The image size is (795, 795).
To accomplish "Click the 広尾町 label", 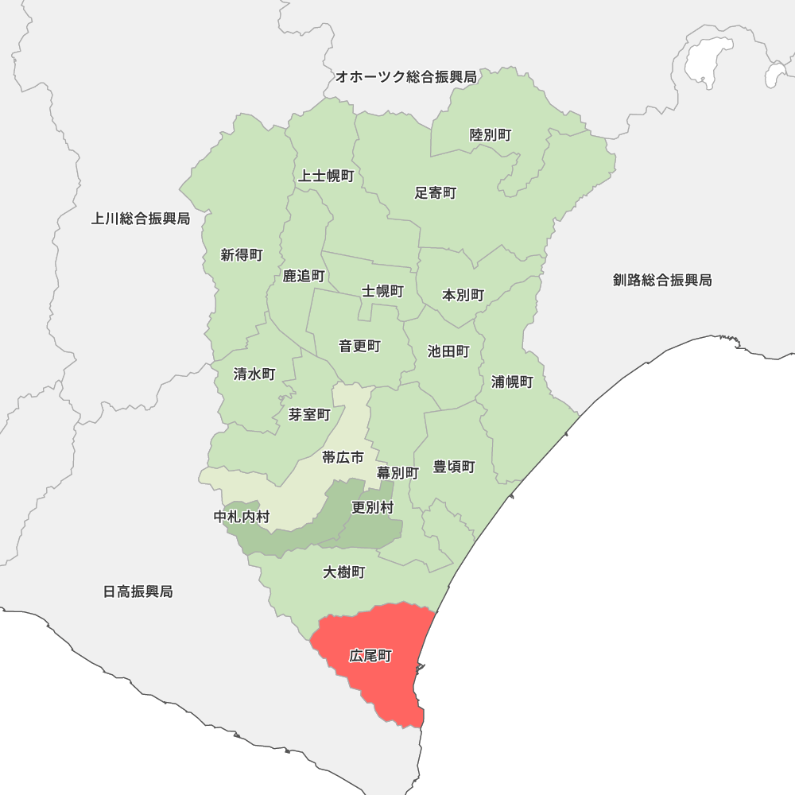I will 370,657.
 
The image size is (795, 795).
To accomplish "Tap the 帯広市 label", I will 343,457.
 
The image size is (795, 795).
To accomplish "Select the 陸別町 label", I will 491,135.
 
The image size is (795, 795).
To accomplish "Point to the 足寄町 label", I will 436,192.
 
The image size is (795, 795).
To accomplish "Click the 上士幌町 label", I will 326,176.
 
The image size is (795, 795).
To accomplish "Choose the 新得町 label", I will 242,255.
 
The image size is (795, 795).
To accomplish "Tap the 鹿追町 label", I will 304,276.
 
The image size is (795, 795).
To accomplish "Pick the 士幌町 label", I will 383,291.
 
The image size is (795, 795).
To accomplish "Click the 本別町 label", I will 463,295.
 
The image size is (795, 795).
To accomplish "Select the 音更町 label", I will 359,346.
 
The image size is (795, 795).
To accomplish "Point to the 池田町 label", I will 448,351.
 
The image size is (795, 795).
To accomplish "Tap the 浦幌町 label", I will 512,382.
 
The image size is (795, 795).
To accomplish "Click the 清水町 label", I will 254,374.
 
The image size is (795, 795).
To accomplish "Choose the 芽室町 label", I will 309,414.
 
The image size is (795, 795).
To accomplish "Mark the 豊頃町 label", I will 454,467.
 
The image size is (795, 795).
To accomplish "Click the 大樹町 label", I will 344,572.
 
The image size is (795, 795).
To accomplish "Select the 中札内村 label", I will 242,517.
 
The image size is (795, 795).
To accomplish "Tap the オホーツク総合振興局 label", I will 405,77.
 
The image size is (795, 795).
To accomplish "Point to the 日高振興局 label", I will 138,591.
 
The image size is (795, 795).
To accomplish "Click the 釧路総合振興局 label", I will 662,280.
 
